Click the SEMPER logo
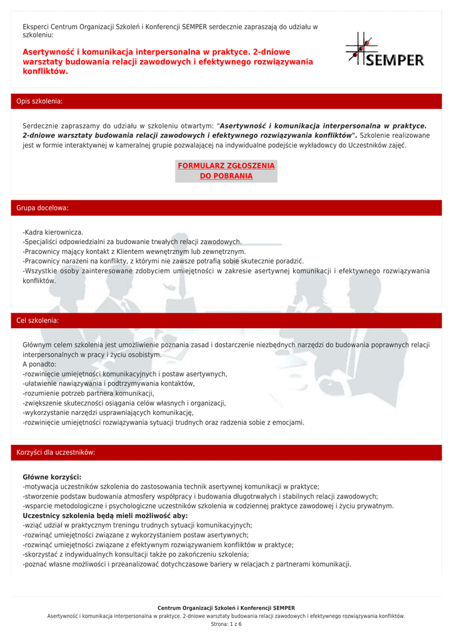click(x=385, y=50)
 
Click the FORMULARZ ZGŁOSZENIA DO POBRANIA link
click(x=226, y=171)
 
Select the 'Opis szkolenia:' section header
click(x=39, y=101)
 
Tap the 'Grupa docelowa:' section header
click(x=42, y=208)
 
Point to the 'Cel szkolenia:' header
click(x=37, y=320)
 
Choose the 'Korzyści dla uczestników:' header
click(x=56, y=452)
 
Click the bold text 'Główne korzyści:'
click(x=52, y=477)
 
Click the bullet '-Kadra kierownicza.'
click(x=53, y=232)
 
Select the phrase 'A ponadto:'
click(x=39, y=364)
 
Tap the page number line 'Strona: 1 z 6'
click(x=226, y=624)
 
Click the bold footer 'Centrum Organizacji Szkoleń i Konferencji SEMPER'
click(x=226, y=608)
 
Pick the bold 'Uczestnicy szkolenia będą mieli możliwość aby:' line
click(x=105, y=516)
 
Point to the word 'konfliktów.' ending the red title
click(x=45, y=72)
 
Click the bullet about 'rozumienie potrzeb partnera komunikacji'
click(x=88, y=394)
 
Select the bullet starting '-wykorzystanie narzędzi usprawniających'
click(x=108, y=412)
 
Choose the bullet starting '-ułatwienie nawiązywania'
click(x=109, y=384)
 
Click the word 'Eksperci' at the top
click(x=36, y=27)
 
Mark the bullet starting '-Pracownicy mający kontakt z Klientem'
click(x=134, y=251)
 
